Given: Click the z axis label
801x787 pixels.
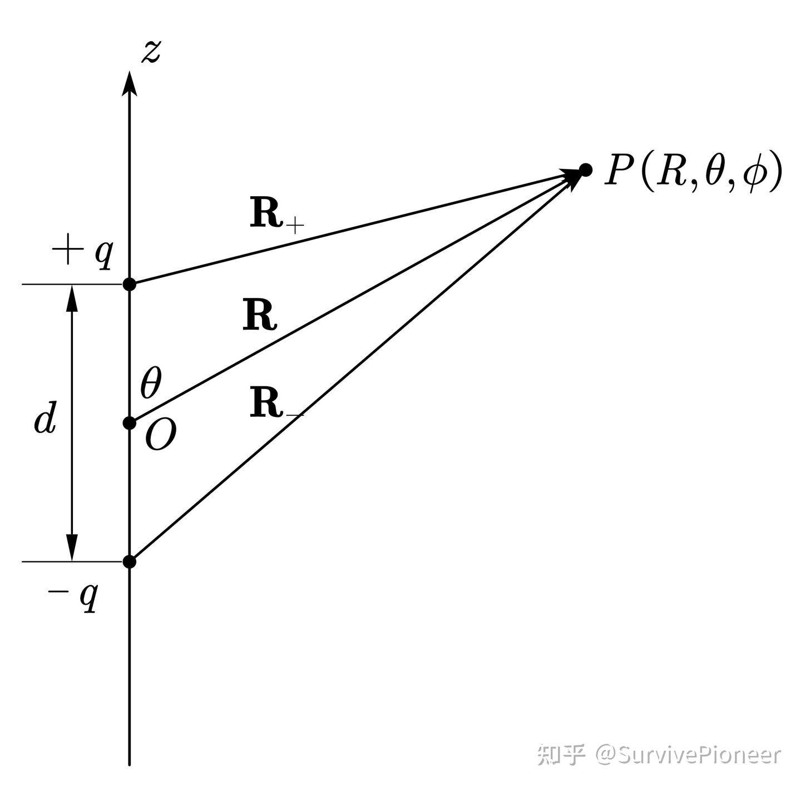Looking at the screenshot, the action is click(151, 52).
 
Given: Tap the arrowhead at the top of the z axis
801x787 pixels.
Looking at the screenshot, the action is click(130, 83).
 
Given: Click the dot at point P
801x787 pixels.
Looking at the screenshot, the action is click(585, 170).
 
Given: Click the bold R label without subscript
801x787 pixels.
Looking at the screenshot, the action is click(260, 316).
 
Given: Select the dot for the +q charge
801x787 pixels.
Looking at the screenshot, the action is click(130, 285).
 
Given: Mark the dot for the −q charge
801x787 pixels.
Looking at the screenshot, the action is click(130, 561).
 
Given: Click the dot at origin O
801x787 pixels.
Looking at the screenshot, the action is click(130, 423).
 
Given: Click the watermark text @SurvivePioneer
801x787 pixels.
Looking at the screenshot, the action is click(688, 755).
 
